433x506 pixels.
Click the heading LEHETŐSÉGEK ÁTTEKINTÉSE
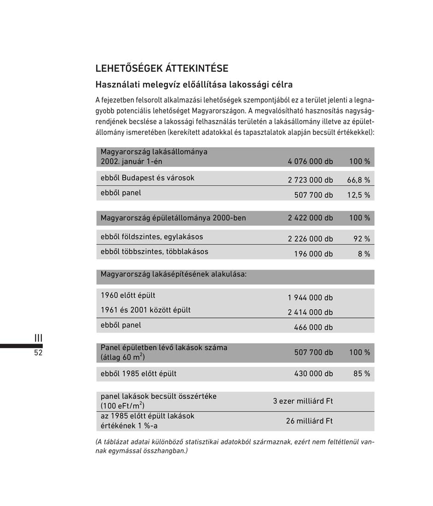coord(162,69)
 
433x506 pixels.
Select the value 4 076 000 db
coord(310,161)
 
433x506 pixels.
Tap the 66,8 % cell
coord(358,180)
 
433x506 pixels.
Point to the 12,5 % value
coord(358,195)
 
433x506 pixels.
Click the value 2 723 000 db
coord(310,180)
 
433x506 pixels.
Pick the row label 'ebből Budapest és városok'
coord(147,178)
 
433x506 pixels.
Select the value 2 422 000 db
coord(310,218)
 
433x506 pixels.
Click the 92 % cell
coord(361,239)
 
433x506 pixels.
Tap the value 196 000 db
coord(313,254)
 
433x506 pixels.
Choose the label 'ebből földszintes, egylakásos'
coord(152,237)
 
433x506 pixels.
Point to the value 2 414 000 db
coord(310,312)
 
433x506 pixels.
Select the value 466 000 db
coord(313,328)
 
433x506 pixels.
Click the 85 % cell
coord(361,374)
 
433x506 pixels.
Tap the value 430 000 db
coord(313,374)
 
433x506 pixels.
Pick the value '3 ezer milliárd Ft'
coord(303,401)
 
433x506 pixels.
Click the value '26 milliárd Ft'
coord(309,421)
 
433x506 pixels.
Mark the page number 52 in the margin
coord(38,353)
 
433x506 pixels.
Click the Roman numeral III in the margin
coord(38,339)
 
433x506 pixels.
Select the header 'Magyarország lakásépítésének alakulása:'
coord(173,275)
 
